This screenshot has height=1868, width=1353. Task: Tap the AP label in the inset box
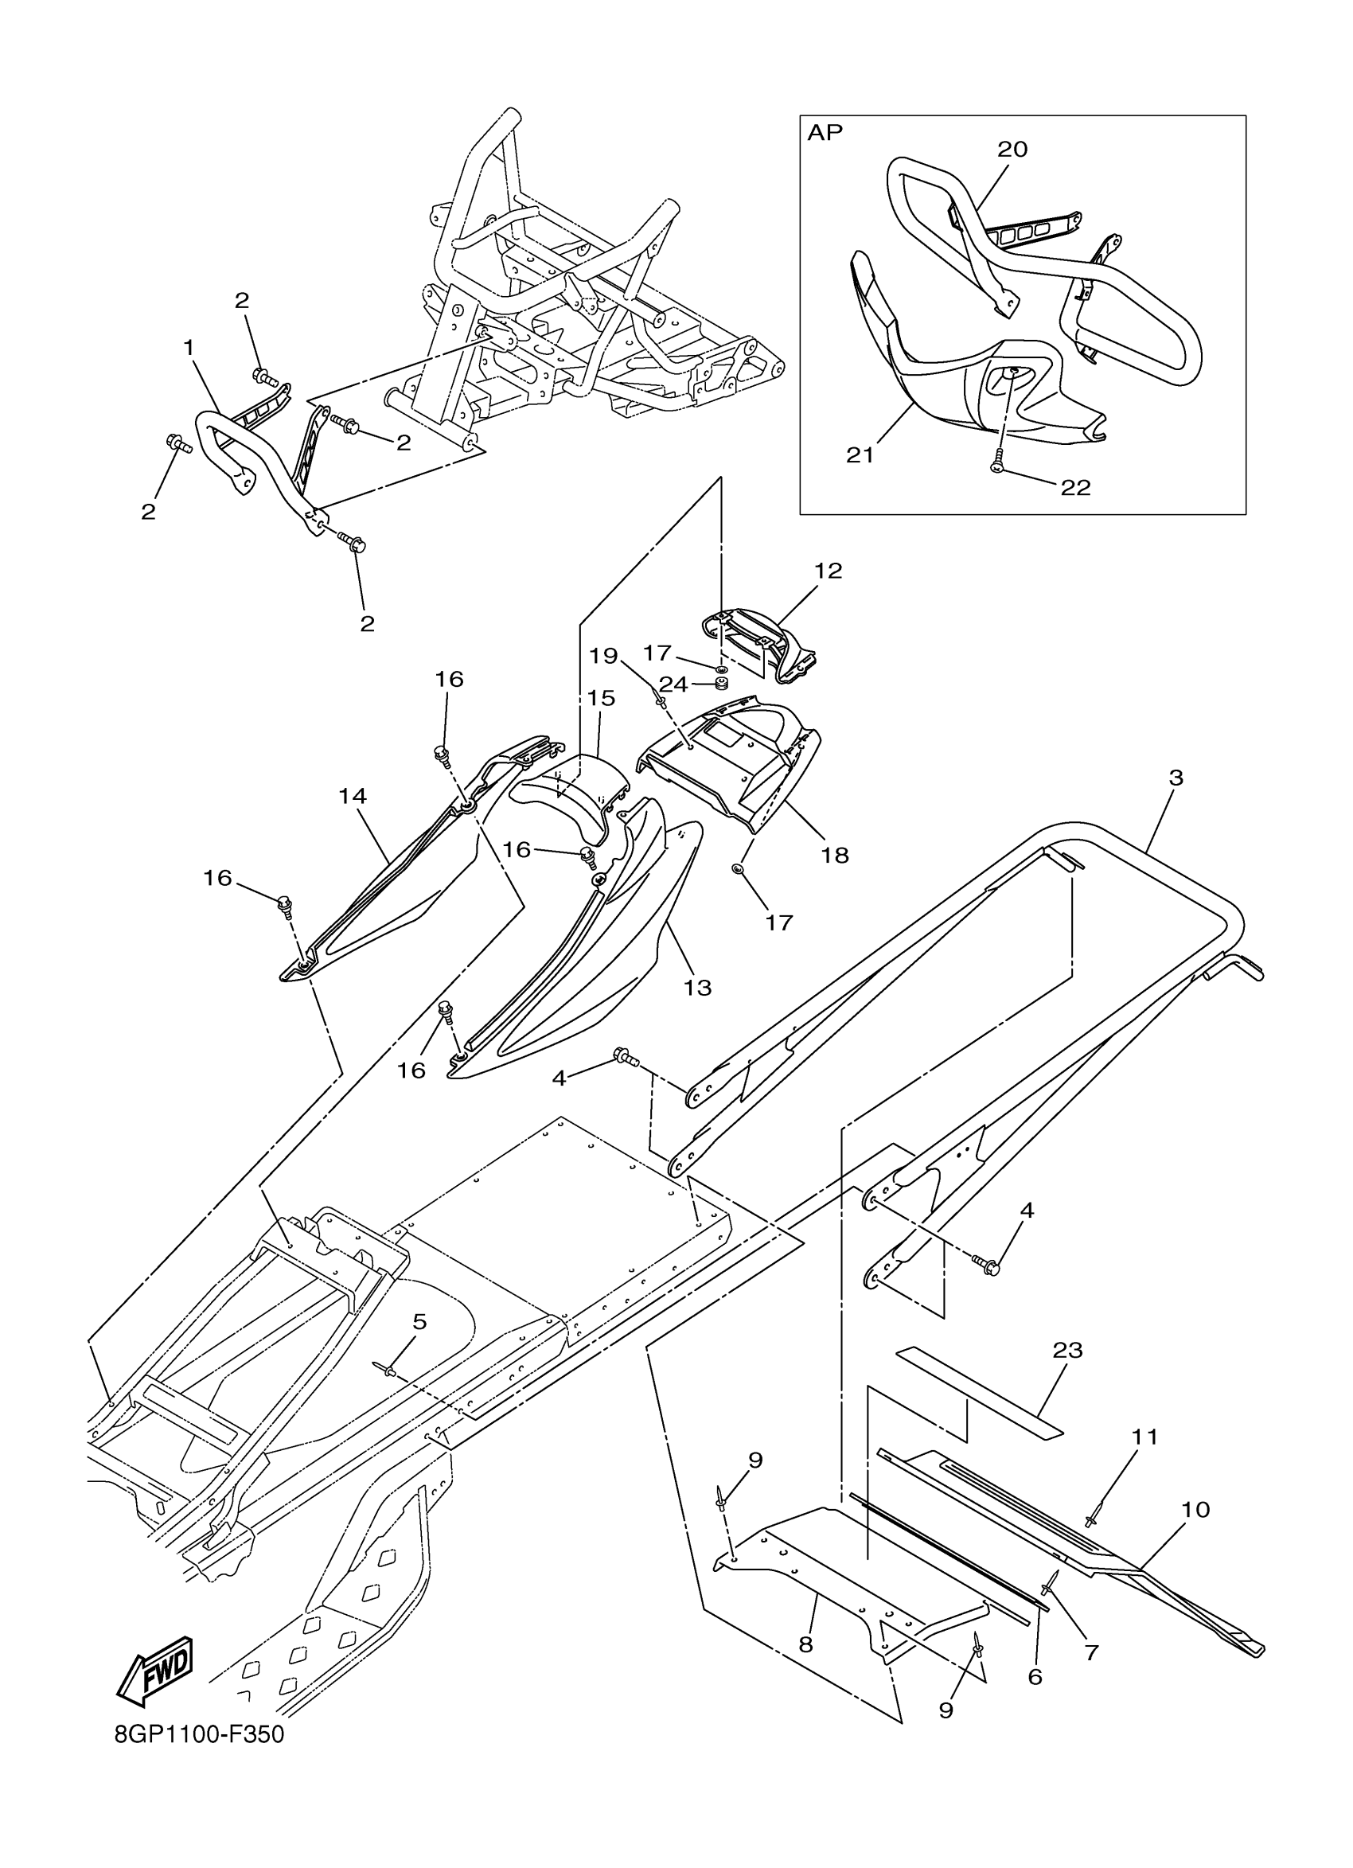pyautogui.click(x=825, y=134)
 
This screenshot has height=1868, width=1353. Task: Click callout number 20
pyautogui.click(x=1012, y=149)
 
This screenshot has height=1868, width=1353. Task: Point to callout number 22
pyautogui.click(x=1075, y=488)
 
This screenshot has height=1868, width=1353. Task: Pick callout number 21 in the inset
pyautogui.click(x=860, y=454)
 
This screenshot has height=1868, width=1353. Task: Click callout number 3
pyautogui.click(x=1176, y=777)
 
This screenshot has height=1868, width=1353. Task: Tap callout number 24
pyautogui.click(x=673, y=684)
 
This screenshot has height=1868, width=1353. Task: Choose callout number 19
pyautogui.click(x=603, y=656)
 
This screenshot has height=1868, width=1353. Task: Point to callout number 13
pyautogui.click(x=696, y=987)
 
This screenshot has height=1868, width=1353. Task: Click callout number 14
pyautogui.click(x=353, y=796)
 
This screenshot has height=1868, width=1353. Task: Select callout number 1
pyautogui.click(x=189, y=348)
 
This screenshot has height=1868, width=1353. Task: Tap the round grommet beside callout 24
pyautogui.click(x=722, y=684)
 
